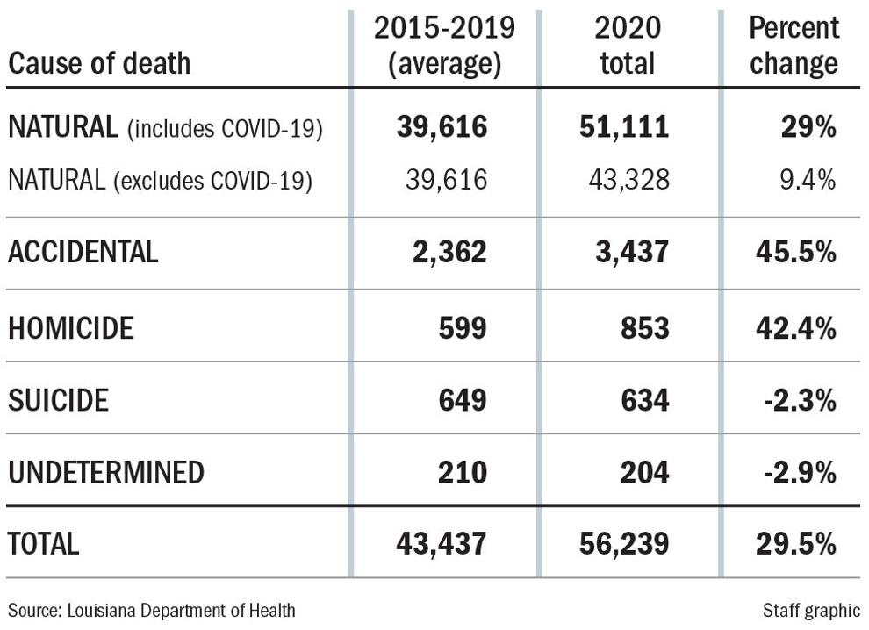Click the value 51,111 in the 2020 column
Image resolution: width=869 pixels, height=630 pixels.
[x=624, y=128]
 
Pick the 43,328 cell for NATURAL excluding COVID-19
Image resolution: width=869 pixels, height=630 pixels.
[x=628, y=180]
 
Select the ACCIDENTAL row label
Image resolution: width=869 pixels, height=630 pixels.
[x=83, y=252]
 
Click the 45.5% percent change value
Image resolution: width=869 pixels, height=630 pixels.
[x=795, y=252]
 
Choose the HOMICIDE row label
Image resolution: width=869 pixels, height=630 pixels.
[x=71, y=328]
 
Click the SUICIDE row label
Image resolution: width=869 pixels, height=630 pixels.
[x=58, y=401]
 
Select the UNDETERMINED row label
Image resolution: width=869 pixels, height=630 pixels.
[x=105, y=472]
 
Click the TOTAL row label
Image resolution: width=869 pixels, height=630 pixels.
[x=43, y=543]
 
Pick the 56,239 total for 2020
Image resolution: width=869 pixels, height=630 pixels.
[x=624, y=543]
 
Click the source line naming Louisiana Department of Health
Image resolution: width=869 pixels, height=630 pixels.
[x=152, y=610]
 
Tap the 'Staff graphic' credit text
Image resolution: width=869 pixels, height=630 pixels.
[x=812, y=610]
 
